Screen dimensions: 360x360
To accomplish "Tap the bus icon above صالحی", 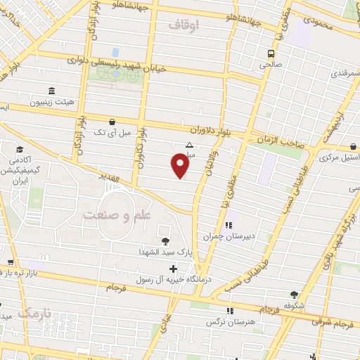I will point(271,53).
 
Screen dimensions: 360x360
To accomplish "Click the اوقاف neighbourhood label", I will point(185,25).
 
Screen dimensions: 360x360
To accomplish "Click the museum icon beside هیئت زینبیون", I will point(51,91).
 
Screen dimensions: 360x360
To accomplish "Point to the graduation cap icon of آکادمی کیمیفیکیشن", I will point(20,150).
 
